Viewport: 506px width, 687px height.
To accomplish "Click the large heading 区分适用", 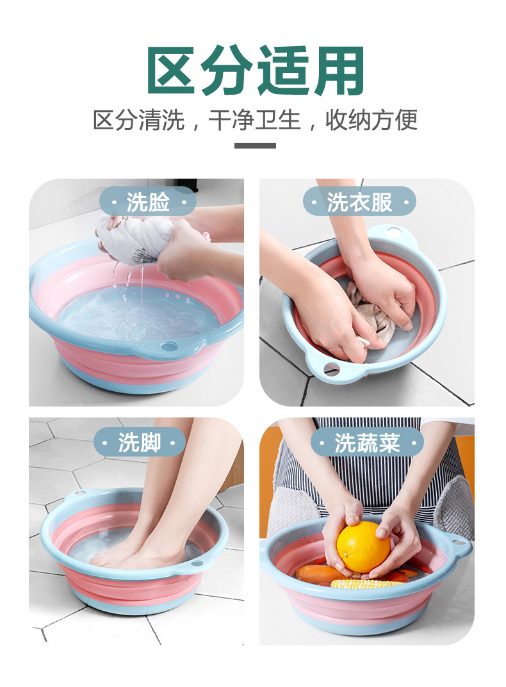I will pos(256,70).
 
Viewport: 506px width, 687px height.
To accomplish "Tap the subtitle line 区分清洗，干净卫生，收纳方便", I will pos(256,120).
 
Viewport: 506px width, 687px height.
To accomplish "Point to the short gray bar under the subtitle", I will pos(255,145).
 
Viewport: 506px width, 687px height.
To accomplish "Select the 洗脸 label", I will pos(147,202).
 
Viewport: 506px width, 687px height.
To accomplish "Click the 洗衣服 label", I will pos(359,202).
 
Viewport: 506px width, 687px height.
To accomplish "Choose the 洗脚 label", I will pos(139,442).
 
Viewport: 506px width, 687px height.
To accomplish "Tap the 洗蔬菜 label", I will pos(366,442).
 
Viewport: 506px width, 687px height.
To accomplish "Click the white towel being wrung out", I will pos(133,241).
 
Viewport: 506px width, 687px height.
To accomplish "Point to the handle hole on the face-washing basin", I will pos(170,346).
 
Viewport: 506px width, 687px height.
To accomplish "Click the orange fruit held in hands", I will pos(363,546).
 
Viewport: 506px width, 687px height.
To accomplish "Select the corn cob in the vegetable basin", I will pos(367,583).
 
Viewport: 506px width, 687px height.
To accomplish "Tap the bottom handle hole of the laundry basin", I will pos(331,368).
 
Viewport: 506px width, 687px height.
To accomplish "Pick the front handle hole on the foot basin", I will pos(196,564).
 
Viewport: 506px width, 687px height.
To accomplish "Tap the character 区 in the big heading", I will pos(171,70).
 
